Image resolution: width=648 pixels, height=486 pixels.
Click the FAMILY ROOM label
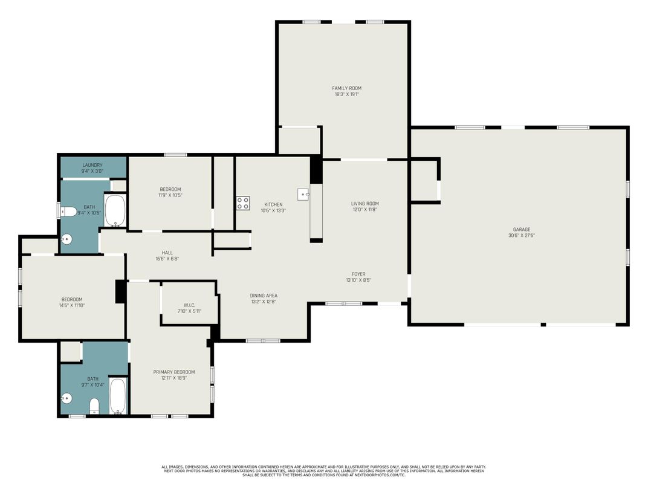347,88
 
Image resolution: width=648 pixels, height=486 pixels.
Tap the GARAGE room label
521,229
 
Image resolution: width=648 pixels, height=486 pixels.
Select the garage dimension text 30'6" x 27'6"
521,235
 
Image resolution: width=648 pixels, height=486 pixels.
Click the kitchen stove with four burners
242,204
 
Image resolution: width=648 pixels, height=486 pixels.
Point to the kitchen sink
303,195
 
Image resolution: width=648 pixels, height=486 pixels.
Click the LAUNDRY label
92,165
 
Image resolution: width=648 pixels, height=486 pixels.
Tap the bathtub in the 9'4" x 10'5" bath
115,210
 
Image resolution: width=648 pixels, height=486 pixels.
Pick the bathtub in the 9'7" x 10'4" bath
118,397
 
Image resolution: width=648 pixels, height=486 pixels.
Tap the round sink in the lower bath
66,398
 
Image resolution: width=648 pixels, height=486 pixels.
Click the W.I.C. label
189,305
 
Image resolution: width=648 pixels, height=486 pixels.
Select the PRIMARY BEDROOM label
174,372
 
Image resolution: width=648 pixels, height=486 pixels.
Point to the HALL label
167,253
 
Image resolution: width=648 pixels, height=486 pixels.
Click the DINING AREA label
264,296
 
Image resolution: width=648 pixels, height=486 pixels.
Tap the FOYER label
358,274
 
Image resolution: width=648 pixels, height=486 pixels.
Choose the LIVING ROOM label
365,204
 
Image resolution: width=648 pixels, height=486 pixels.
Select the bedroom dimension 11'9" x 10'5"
170,195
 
